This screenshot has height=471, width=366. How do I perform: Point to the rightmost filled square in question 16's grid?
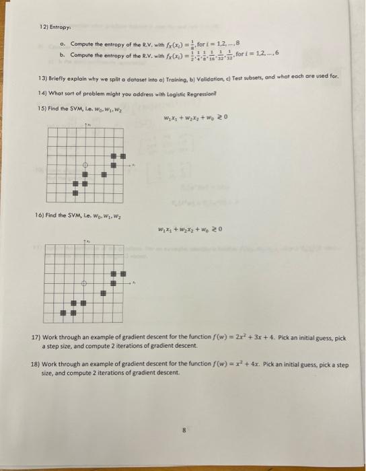pos(122,275)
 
